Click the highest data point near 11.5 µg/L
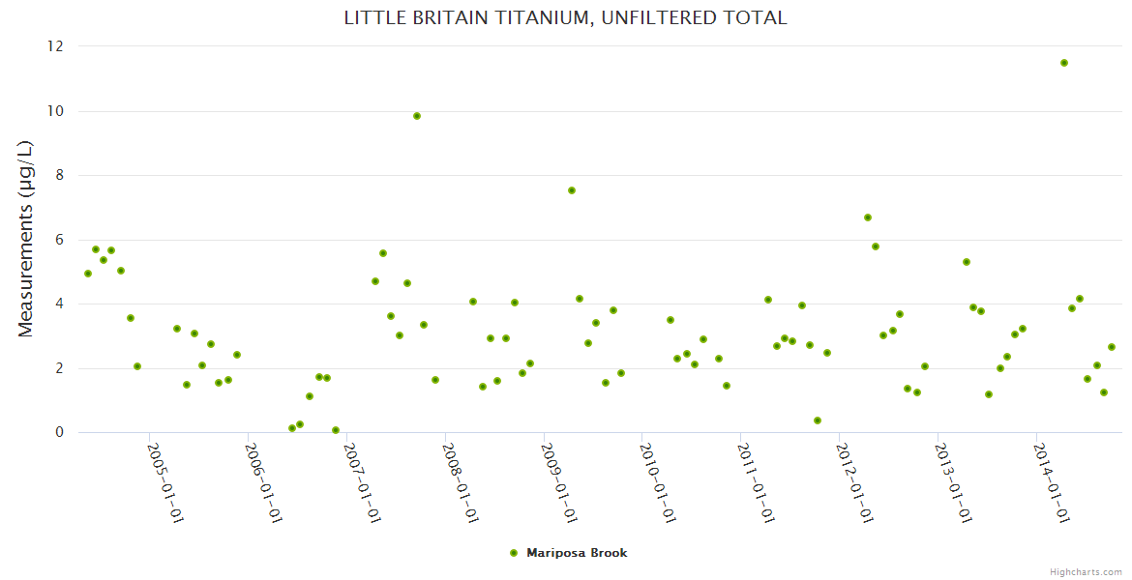1063,63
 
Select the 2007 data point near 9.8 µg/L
417,116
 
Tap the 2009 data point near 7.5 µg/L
572,190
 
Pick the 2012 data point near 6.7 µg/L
868,217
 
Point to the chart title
566,18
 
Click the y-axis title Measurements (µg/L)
26,239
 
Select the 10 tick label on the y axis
55,111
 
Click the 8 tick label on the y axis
59,175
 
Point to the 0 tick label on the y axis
59,432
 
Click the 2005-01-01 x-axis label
164,482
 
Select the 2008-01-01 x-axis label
460,482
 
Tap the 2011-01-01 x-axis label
755,482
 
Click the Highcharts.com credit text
1086,571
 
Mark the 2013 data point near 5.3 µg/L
967,262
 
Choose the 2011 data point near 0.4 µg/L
818,420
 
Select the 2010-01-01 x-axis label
656,482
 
